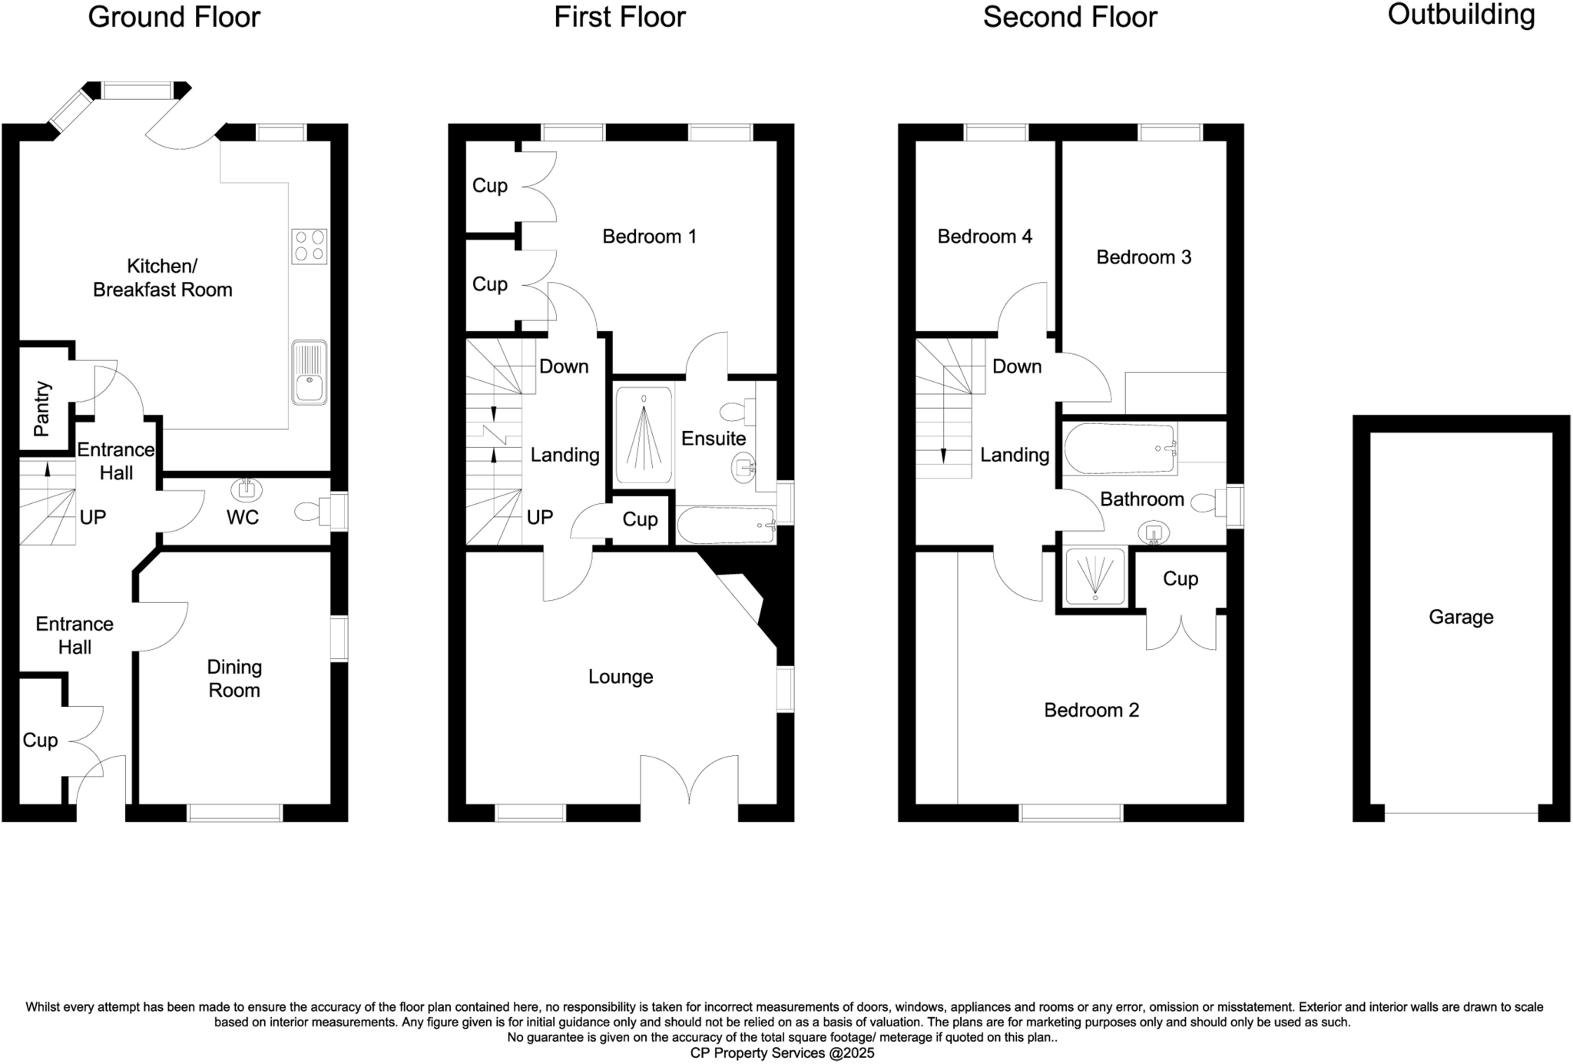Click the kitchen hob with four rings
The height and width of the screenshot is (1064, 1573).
[310, 246]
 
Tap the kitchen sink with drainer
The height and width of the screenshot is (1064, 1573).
[310, 373]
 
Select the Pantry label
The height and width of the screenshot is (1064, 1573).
[41, 409]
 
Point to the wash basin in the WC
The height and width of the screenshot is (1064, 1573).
[247, 488]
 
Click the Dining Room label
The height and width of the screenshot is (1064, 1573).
[234, 678]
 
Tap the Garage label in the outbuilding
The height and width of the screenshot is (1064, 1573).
[1460, 617]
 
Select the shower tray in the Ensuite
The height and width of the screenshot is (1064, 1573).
[644, 436]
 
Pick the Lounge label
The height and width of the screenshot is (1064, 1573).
[621, 677]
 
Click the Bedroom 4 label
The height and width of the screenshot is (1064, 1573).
[984, 236]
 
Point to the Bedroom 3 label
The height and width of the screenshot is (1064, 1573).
[1143, 257]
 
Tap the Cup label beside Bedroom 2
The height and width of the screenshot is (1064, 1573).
[1180, 578]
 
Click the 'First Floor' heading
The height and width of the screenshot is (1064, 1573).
[619, 17]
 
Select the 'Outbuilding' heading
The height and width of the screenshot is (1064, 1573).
[1460, 15]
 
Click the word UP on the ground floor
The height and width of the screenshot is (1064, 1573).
[92, 517]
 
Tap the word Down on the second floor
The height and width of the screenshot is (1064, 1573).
[1016, 366]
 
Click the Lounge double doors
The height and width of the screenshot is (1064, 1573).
[689, 780]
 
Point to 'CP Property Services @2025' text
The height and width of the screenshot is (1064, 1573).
[781, 1053]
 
